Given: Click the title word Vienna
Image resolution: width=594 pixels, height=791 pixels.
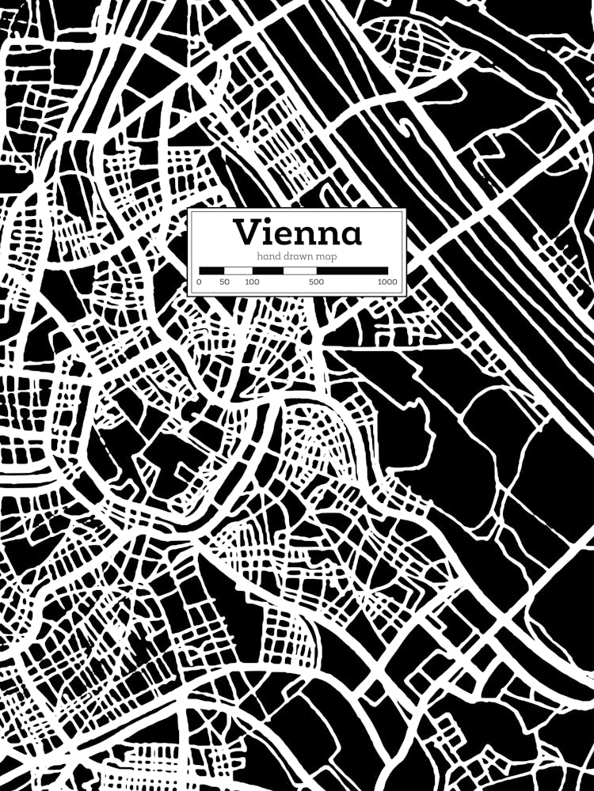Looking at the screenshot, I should point(297,233).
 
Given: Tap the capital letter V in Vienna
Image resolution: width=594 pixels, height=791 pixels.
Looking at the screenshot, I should point(245,233).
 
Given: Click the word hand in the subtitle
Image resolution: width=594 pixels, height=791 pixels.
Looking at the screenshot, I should point(268,257).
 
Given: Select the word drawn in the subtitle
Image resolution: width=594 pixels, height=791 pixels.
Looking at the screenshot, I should point(299,257).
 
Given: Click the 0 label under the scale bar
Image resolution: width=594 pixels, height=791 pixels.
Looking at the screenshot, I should point(199,282).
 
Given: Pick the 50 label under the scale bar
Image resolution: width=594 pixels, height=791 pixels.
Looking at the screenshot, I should point(224,282).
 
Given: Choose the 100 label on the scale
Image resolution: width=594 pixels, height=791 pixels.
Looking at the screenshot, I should point(252,282).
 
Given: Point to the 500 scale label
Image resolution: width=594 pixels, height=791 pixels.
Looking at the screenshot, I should point(316,282).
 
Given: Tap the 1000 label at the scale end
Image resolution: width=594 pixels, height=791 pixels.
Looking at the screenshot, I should point(387,282).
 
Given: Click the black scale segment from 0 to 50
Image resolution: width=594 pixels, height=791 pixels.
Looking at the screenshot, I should point(211,271).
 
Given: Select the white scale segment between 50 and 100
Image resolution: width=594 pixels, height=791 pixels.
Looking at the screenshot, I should point(238,271).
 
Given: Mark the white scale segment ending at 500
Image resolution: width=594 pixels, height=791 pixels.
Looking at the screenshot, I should point(299,271).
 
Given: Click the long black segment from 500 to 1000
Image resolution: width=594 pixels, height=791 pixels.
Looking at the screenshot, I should point(352,271).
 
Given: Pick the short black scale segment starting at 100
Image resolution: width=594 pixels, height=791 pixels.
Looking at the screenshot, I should point(268,271).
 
